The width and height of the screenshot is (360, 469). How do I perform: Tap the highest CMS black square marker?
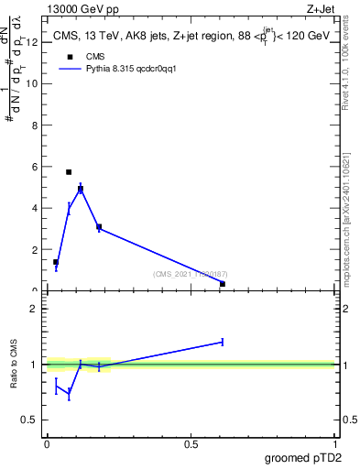pos(69,172)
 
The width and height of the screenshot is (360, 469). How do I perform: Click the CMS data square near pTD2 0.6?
pos(223,284)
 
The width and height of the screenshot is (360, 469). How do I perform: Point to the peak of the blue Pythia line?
pos(81,188)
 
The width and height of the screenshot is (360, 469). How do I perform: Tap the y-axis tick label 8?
pos(35,125)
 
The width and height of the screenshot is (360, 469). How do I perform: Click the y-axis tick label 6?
pos(35,167)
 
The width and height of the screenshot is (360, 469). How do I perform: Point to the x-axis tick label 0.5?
pos(191,443)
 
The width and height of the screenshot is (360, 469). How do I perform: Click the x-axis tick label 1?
pos(335,443)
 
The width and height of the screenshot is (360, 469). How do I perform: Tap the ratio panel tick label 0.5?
pos(29,420)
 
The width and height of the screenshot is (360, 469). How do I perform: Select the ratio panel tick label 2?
pos(34,309)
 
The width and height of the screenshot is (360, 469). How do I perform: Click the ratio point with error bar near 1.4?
pos(223,342)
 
